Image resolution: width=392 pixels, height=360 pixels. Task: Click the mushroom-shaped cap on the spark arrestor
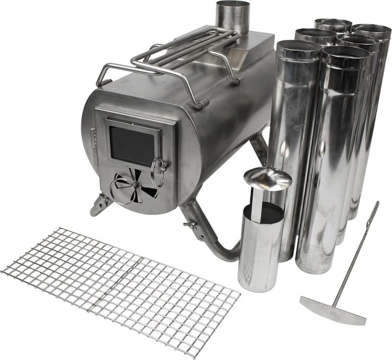pyautogui.click(x=267, y=178)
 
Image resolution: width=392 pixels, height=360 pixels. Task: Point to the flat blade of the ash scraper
pyautogui.click(x=332, y=310)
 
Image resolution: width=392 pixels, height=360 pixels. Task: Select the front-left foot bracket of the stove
pyautogui.click(x=98, y=205)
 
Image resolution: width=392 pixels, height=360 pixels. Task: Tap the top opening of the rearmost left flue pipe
pyautogui.click(x=333, y=25)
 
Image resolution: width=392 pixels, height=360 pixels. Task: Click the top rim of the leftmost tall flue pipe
pyautogui.click(x=299, y=46)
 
